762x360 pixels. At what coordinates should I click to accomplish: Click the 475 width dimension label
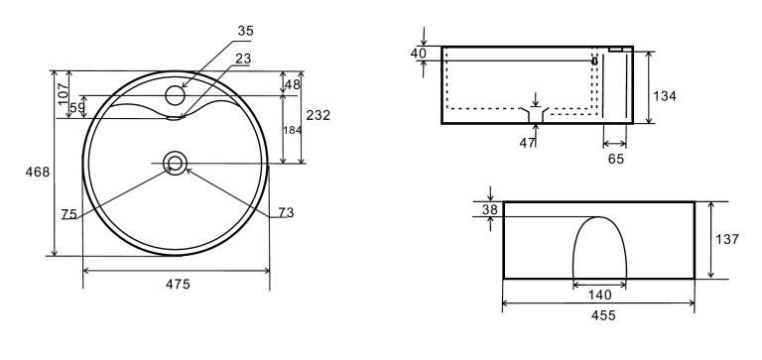point(178,285)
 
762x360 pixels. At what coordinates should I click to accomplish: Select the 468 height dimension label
point(38,172)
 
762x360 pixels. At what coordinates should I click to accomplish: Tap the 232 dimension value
point(318,115)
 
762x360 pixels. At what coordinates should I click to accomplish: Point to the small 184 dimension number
point(292,130)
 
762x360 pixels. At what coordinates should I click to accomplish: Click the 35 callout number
point(245,31)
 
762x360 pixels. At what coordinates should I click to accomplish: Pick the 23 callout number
point(243,59)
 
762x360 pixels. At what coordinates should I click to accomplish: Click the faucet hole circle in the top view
point(175,95)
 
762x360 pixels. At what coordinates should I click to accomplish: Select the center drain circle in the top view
point(175,163)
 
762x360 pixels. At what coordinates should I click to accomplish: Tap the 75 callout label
point(69,214)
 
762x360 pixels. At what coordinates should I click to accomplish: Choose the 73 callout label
point(286,212)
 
